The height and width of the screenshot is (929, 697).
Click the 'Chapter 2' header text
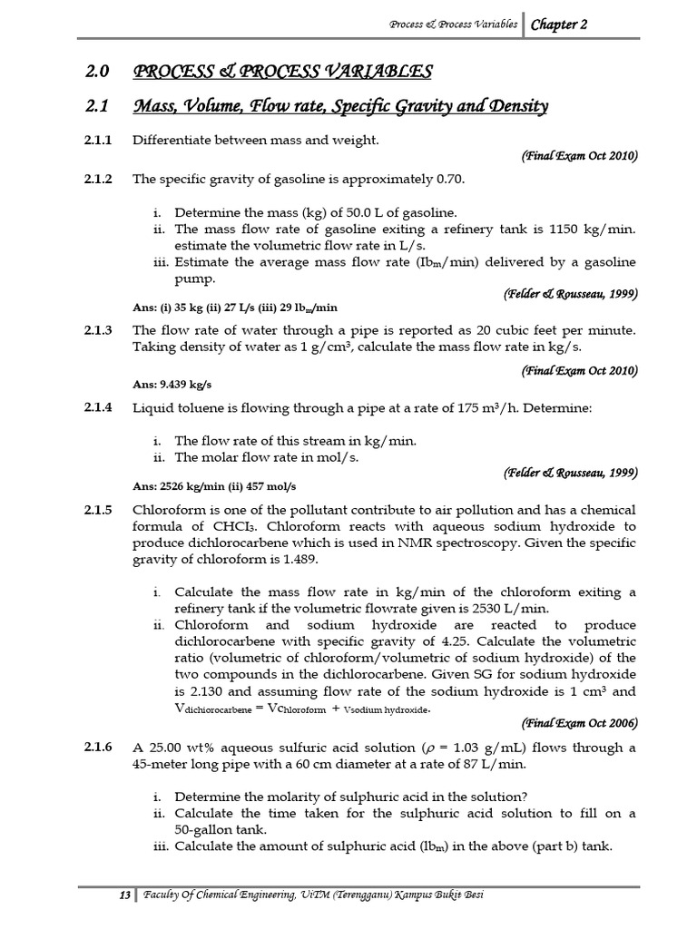pos(558,24)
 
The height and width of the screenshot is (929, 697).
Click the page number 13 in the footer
pos(125,896)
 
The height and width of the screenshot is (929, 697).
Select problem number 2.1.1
pos(97,140)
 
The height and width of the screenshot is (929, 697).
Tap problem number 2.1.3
pos(97,330)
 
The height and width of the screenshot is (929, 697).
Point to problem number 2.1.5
pos(97,509)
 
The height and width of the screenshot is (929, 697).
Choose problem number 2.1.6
pos(97,748)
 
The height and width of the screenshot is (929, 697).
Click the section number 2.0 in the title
pos(97,72)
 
